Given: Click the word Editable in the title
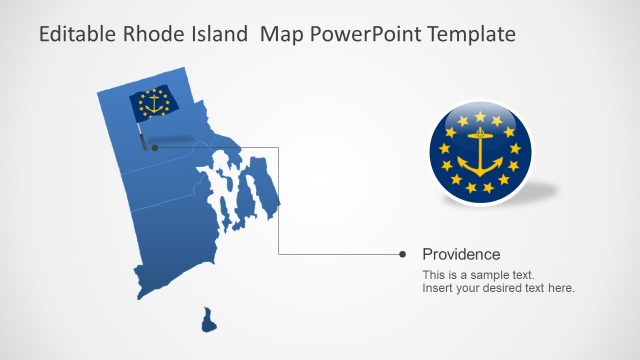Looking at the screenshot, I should coord(76,35).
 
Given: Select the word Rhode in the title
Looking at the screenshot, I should coord(151,35).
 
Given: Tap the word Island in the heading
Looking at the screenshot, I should coord(215,35).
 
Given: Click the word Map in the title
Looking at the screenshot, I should coord(279,35).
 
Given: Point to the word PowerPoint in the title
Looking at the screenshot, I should coord(363,35).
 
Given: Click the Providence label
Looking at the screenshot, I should coord(461,254).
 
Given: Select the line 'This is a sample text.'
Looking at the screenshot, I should coord(478,274).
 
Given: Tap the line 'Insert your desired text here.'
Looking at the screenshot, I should coord(498,288).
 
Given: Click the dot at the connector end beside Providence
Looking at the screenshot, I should coord(402,254).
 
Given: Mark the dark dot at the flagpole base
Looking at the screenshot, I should coord(154,147).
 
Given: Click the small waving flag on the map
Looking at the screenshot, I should coord(153,103).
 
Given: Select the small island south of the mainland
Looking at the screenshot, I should coord(208,320).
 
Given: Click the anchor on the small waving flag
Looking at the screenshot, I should coord(154,102).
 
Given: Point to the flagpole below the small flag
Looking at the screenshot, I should coord(145,132).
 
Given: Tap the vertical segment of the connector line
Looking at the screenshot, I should coord(278,200).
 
